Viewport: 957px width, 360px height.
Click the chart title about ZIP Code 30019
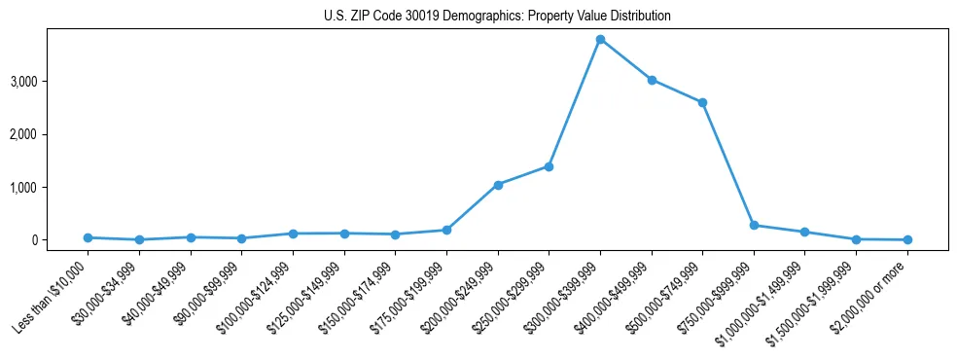click(x=497, y=17)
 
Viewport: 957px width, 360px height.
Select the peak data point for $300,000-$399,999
click(x=600, y=39)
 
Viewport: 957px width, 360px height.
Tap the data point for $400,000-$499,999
click(x=652, y=80)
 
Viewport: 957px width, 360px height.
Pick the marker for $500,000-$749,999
click(x=702, y=102)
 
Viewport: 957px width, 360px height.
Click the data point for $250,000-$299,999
click(x=549, y=166)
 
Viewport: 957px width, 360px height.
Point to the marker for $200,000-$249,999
click(x=498, y=185)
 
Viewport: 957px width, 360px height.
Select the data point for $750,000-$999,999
click(x=754, y=225)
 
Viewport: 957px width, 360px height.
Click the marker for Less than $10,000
click(x=89, y=237)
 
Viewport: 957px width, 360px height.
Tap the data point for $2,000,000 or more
click(x=907, y=239)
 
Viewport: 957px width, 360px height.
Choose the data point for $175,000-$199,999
click(x=446, y=230)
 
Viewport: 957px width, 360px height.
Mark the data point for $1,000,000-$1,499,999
click(x=804, y=232)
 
